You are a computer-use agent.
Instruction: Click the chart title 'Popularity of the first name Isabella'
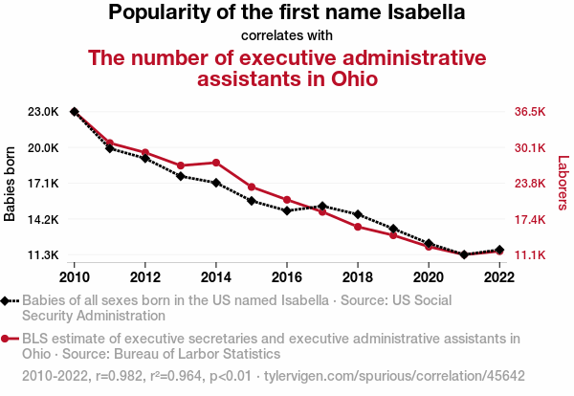coord(287,13)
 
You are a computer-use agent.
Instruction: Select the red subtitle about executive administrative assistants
coord(287,68)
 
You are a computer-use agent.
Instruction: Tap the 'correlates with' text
coord(287,36)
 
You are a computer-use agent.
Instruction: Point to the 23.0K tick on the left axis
coord(44,112)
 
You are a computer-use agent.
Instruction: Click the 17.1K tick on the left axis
coord(44,184)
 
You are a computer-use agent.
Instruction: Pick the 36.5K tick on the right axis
coord(529,112)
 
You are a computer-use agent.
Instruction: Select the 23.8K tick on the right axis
coord(529,184)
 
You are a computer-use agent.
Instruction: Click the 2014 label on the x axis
coord(216,277)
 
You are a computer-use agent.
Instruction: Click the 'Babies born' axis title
coord(11,184)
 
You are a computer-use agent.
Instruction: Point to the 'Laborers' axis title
coord(563,184)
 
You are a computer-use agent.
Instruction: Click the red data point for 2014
coord(216,163)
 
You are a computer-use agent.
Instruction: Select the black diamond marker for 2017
coord(322,206)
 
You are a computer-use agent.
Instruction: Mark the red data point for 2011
coord(110,143)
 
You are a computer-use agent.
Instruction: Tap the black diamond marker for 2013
coord(181,176)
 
